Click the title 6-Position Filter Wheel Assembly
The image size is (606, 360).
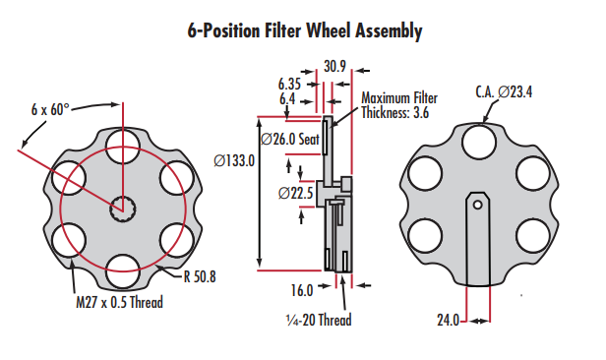tap(305, 30)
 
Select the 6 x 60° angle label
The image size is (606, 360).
tap(50, 110)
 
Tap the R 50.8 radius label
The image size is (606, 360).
tap(200, 276)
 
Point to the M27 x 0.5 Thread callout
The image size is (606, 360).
tap(119, 302)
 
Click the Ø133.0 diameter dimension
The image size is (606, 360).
tap(234, 160)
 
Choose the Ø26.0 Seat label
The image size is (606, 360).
tap(290, 139)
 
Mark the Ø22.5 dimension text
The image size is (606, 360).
tap(296, 193)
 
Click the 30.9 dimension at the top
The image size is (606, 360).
tap(334, 67)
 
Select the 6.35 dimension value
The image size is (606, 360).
tap(289, 85)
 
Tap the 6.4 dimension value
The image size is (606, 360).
tap(287, 99)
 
